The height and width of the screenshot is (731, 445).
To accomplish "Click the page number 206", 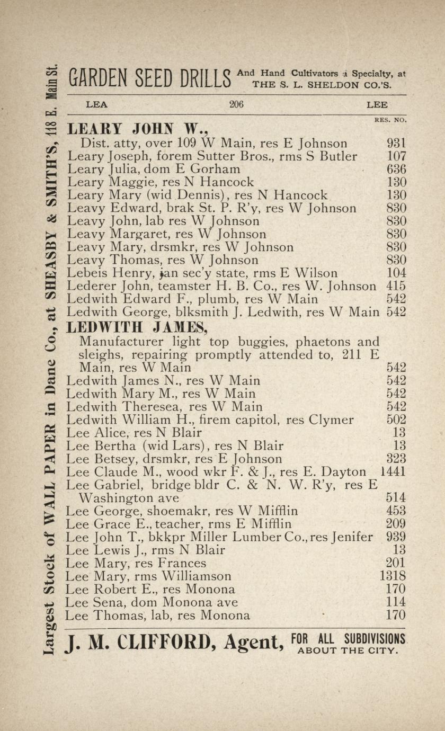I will (236, 105).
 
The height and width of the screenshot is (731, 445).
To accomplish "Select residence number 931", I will (397, 143).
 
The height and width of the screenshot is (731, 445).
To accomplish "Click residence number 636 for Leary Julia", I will (397, 170).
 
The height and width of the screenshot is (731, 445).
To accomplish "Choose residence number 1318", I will (393, 576).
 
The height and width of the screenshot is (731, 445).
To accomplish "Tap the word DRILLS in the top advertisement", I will (202, 80).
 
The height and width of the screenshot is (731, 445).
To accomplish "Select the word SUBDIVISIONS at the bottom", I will (374, 638).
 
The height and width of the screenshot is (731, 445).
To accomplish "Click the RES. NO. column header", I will (390, 120).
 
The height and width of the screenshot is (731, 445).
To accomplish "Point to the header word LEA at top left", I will (96, 105).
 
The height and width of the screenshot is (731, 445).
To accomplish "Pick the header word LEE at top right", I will (377, 105).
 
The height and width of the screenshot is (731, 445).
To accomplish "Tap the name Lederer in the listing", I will (88, 287).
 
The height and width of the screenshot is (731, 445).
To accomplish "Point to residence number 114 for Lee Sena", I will (397, 602).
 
